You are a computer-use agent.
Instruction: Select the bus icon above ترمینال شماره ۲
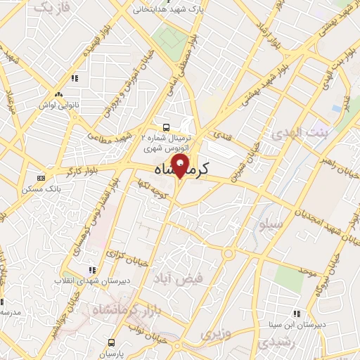165,127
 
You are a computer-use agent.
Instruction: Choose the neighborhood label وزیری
212,333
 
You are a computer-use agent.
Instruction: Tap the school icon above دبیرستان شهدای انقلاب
91,270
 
